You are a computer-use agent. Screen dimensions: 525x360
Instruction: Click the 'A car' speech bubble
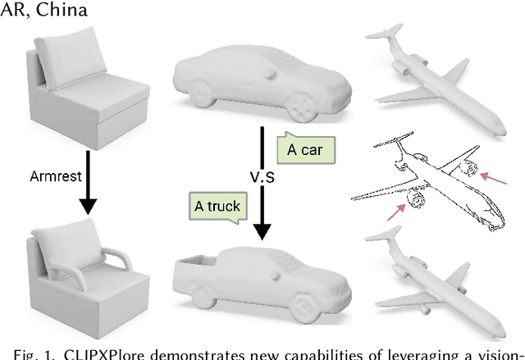306,149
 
